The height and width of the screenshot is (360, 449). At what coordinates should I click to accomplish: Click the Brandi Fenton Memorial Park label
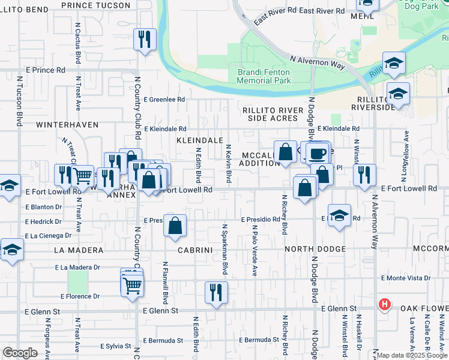coord(264,76)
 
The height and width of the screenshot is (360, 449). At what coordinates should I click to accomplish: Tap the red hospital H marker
coord(384,305)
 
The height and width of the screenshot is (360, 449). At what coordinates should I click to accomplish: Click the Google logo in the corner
coord(20,353)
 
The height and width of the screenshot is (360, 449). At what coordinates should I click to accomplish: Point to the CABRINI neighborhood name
coord(196,249)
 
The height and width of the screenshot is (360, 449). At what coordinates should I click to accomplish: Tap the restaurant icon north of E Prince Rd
coord(145,40)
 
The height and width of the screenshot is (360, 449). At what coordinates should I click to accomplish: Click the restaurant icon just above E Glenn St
coord(215,293)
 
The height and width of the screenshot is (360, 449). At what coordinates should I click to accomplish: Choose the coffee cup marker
coord(318,153)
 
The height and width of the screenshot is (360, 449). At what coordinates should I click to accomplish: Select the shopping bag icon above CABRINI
coord(175,227)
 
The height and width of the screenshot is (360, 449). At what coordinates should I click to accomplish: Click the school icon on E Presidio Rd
coord(339,216)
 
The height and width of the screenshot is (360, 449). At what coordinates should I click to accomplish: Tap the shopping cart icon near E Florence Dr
coord(132,286)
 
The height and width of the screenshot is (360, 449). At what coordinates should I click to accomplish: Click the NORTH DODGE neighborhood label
coord(315,249)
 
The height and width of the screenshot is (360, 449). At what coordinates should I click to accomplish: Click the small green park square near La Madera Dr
coord(78,281)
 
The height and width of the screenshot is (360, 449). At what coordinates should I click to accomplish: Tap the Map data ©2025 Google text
coord(412,355)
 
